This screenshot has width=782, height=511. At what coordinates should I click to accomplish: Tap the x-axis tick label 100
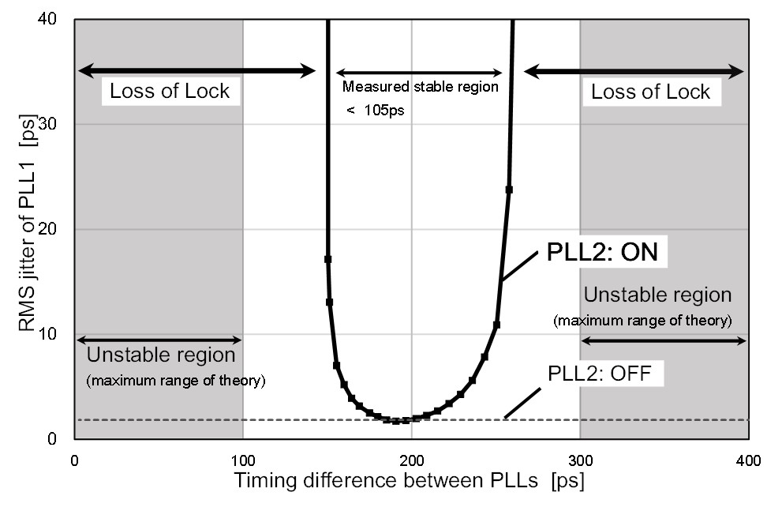click(242, 458)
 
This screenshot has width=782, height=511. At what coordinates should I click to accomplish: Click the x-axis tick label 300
click(580, 458)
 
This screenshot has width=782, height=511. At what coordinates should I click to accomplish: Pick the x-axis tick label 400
click(748, 458)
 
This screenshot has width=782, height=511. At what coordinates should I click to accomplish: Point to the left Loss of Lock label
click(170, 91)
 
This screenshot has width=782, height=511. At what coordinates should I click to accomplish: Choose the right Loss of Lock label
click(651, 92)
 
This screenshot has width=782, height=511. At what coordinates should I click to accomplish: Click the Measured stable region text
click(420, 87)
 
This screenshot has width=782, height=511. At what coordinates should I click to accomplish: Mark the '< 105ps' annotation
click(375, 111)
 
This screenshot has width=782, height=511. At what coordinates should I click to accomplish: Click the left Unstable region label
click(161, 355)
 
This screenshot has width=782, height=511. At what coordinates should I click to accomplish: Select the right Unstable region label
click(657, 295)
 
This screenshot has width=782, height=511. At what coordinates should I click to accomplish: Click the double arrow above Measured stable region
click(419, 72)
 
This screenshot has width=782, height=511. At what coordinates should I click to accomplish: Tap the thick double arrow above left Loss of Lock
click(196, 72)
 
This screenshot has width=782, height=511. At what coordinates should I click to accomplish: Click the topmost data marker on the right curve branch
click(509, 190)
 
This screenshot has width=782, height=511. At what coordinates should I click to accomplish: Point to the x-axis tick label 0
click(74, 458)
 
